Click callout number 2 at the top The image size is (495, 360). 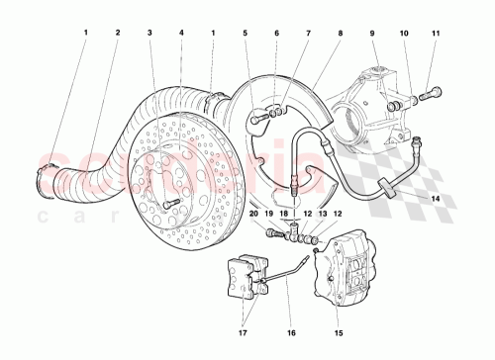(x=117, y=33)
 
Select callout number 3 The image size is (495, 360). (x=149, y=33)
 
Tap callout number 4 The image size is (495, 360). (x=181, y=33)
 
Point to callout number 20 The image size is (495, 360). (x=254, y=214)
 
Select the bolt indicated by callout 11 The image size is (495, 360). (x=429, y=96)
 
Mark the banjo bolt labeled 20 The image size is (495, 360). (x=271, y=232)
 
